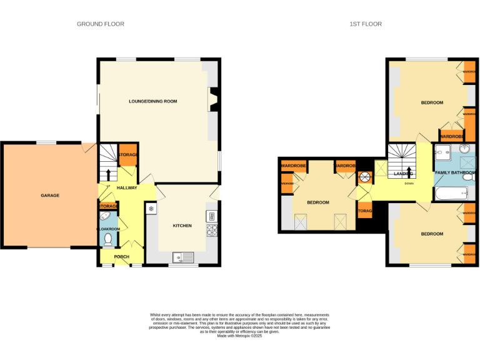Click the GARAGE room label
(x=50, y=196)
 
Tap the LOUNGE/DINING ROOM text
(x=153, y=101)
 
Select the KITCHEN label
(x=182, y=226)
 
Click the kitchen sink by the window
(x=186, y=256)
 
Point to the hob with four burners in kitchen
(x=211, y=231)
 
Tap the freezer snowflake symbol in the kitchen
(x=151, y=209)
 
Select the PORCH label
(x=121, y=256)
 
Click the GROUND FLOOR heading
(x=101, y=24)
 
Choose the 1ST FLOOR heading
(x=366, y=24)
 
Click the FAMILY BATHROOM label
(x=455, y=172)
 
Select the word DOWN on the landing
(x=409, y=184)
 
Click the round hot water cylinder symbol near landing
(x=364, y=176)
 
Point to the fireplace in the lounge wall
(x=212, y=101)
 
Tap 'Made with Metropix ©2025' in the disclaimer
(x=239, y=336)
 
